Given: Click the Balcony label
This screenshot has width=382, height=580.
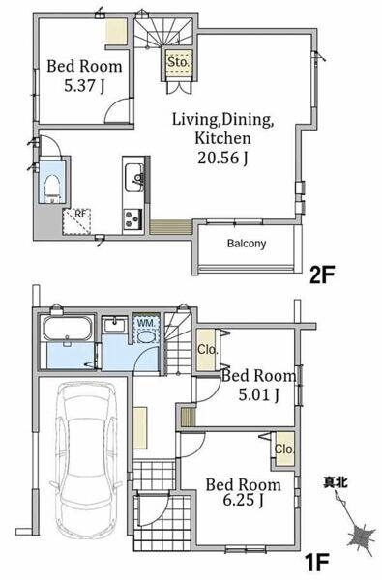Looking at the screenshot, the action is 247,244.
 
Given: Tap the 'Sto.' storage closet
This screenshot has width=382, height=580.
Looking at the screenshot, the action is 178,63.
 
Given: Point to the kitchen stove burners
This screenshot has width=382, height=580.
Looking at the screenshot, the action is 132,219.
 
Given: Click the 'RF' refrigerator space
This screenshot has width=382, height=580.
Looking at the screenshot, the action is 76,222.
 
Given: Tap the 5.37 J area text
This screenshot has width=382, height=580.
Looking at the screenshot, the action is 84,86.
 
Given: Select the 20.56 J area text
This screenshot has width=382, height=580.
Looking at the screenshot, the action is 222,158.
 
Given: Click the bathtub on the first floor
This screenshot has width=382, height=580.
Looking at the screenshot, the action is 67,328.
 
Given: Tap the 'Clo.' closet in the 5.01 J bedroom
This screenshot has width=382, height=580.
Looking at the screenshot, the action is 208,350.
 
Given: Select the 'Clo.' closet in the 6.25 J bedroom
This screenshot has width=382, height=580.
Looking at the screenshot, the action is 284,449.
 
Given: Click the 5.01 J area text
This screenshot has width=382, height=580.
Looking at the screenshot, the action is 259,395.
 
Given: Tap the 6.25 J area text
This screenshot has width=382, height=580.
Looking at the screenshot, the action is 243,500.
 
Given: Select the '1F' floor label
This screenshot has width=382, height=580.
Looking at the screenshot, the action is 317,564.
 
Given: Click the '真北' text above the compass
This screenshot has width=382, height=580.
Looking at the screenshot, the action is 336,482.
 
